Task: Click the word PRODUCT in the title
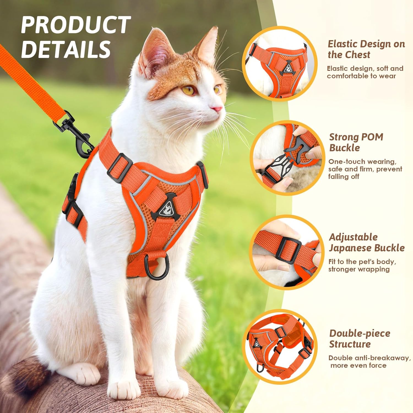[75, 25]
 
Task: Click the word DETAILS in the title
[66, 49]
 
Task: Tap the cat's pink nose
[218, 109]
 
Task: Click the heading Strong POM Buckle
[356, 142]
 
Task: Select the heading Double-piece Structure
[360, 338]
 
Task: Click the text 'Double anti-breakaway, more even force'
[369, 362]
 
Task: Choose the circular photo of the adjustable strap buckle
[287, 252]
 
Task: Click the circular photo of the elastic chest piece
[279, 64]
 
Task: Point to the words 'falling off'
[344, 176]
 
